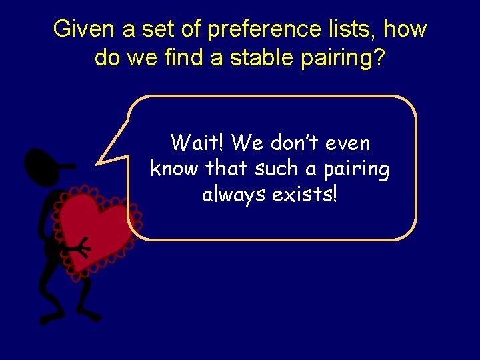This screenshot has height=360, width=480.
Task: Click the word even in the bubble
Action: [349, 143]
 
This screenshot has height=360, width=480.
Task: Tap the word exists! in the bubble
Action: [311, 195]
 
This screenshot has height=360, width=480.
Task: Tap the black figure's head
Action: [43, 165]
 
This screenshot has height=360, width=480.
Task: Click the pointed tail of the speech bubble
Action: [102, 160]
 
